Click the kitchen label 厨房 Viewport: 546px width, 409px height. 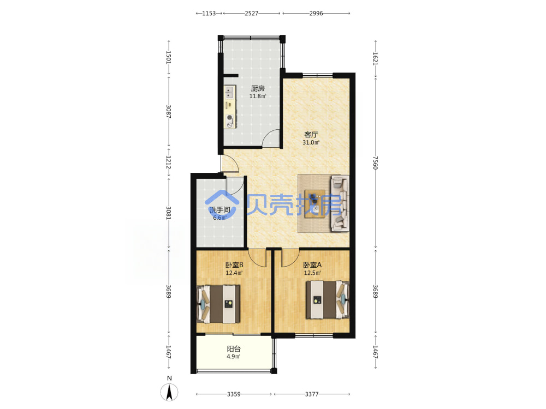[258, 88]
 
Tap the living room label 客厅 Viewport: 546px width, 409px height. [311, 135]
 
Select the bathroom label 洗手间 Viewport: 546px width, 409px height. [219, 210]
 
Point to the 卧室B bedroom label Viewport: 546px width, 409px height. [234, 265]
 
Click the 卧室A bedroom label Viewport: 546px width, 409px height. [312, 265]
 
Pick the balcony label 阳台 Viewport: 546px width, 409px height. [234, 349]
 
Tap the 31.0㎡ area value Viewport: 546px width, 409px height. [311, 142]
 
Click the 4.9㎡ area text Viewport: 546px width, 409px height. [234, 357]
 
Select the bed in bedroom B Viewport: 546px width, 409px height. [218, 304]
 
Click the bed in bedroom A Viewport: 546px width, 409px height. [327, 300]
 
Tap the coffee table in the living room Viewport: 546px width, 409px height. [315, 204]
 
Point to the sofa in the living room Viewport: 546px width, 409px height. [340, 203]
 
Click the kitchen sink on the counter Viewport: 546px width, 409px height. [229, 92]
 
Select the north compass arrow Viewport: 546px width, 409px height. [169, 392]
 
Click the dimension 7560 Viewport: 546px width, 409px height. [375, 163]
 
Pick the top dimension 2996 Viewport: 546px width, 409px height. [316, 13]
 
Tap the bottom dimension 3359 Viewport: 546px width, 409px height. [234, 394]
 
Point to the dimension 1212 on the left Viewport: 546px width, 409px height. [169, 162]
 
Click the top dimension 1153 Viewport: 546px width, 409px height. [209, 13]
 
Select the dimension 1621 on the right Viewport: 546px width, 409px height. [375, 58]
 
